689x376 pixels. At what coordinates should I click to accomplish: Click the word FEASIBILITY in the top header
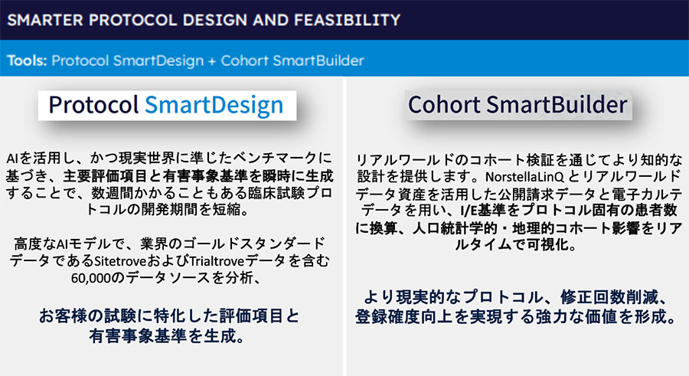(x=347, y=20)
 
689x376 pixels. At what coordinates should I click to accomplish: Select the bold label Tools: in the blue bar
(x=27, y=60)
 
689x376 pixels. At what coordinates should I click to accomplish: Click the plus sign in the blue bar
(x=212, y=60)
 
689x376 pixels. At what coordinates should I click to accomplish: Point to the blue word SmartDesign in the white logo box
(x=214, y=105)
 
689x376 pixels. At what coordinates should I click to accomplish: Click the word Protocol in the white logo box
(x=93, y=105)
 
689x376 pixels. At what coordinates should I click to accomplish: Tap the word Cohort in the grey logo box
(x=444, y=105)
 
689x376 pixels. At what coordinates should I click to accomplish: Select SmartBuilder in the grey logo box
(x=557, y=105)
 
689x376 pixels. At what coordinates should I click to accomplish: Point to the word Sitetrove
(x=120, y=261)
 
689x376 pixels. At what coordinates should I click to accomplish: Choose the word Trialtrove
(x=216, y=261)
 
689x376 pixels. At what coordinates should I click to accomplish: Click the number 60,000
(x=91, y=278)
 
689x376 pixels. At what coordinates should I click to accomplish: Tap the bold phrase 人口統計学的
(x=454, y=227)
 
